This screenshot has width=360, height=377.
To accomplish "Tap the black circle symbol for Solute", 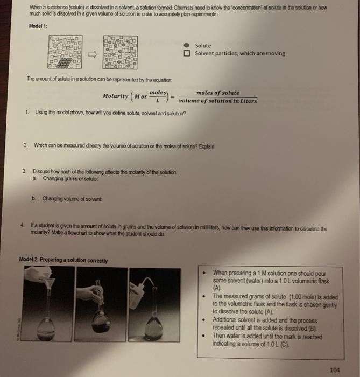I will pyautogui.click(x=186, y=46).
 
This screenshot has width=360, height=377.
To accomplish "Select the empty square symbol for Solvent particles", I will pyautogui.click(x=186, y=54).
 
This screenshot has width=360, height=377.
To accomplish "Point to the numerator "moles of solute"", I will pyautogui.click(x=218, y=93).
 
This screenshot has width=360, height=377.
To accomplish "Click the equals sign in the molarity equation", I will pyautogui.click(x=173, y=97).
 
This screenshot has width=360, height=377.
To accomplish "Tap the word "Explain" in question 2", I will pyautogui.click(x=205, y=145).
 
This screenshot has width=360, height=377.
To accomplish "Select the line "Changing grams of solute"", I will pyautogui.click(x=70, y=178).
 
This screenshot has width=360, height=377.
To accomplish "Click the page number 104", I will pyautogui.click(x=334, y=369).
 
